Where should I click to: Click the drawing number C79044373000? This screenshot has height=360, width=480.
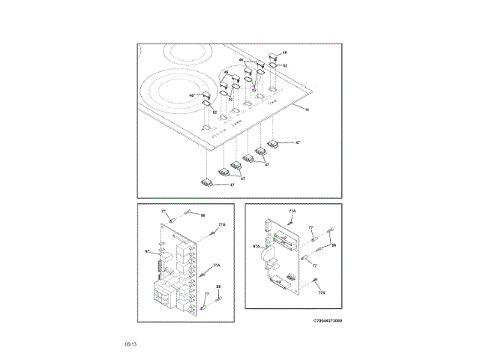tap(328, 319)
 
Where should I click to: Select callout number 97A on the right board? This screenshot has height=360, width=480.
tap(256, 245)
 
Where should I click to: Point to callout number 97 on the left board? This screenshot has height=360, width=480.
tap(147, 250)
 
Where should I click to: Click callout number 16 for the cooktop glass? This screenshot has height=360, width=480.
tap(306, 110)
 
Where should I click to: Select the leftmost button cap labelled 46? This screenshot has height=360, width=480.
tap(202, 95)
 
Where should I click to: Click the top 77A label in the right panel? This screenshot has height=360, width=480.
tap(292, 212)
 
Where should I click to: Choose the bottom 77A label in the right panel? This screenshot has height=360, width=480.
tap(321, 293)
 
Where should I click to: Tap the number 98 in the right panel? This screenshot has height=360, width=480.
tap(334, 245)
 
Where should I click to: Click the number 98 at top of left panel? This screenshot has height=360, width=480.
tap(202, 214)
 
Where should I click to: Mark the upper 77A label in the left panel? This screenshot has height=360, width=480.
tap(221, 225)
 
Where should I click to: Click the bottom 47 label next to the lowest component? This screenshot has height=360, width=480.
tap(232, 184)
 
